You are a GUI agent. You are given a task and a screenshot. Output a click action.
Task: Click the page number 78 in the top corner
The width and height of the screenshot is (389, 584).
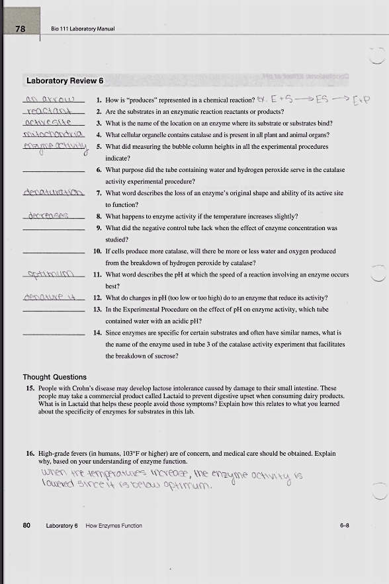21,28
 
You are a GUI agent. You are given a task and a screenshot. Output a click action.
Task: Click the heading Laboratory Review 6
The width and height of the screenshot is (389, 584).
65,81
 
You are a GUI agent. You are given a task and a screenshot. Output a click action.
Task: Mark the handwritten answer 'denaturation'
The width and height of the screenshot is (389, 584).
53,193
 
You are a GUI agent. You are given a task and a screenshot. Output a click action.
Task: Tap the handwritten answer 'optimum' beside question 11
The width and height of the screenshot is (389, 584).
50,274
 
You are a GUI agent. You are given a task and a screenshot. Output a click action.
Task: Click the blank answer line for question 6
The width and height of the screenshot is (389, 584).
53,173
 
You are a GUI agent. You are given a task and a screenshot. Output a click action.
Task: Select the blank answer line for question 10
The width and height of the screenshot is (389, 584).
53,255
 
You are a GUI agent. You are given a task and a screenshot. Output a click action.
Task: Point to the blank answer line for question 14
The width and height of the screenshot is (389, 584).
53,336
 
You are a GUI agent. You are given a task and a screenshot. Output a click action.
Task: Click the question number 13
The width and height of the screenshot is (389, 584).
97,310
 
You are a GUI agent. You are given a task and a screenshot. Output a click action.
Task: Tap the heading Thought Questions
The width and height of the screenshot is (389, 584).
55,377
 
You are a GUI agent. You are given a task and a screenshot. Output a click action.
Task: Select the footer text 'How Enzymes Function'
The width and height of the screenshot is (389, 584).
114,526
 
